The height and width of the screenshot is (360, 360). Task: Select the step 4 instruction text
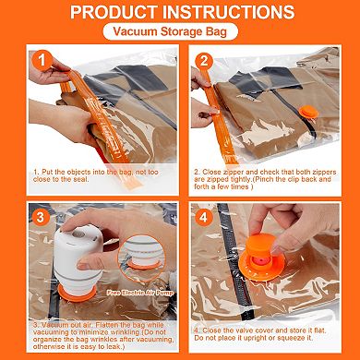tap(268, 333)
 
